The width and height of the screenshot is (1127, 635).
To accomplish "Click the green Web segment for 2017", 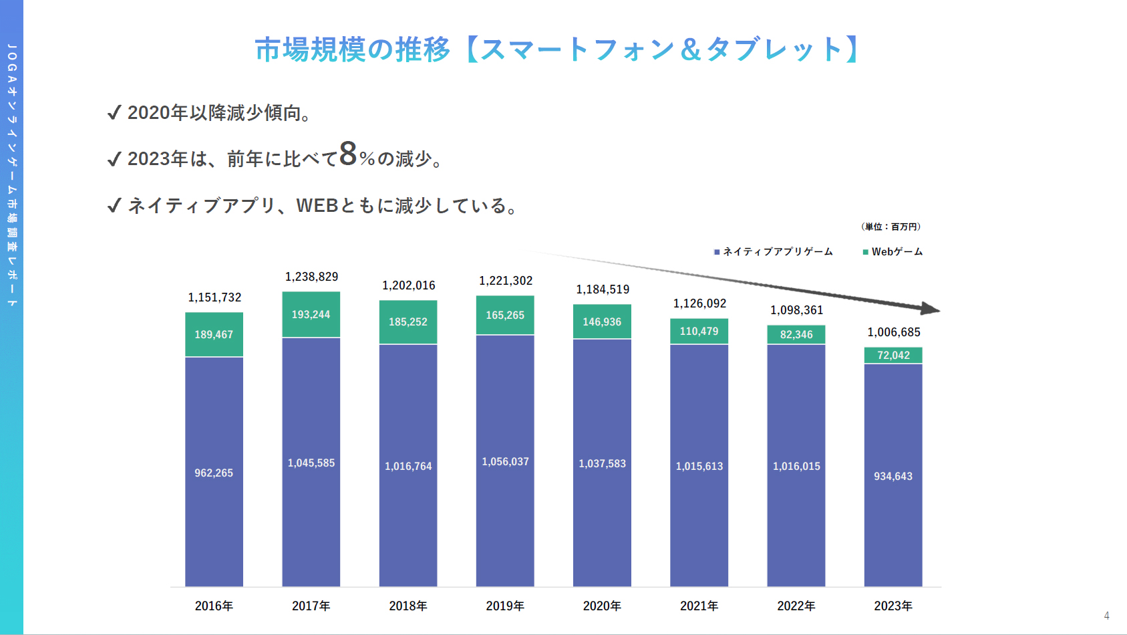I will tap(311, 314).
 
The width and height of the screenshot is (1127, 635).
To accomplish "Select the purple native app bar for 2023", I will tap(893, 475).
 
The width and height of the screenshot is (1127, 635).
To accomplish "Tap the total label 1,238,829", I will tap(311, 277).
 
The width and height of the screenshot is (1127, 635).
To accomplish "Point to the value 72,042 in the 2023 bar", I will tap(893, 356).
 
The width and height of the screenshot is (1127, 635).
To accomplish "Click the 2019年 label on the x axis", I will tap(505, 606).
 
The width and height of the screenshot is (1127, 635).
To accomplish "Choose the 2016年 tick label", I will tap(214, 606).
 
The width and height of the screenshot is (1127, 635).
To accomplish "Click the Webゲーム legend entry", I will tap(893, 252).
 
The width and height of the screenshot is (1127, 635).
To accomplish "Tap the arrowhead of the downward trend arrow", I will tap(931, 309).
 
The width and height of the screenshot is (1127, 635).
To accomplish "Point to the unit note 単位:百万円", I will tap(891, 227).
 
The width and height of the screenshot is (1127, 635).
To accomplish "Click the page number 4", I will tap(1106, 616).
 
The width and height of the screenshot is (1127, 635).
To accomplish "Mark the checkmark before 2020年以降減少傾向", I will tap(114, 112).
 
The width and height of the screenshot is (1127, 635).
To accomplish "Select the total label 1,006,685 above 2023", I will tap(893, 332).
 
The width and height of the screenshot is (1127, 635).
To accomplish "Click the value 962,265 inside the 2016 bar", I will tap(214, 473).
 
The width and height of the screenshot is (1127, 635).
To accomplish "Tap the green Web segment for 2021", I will tap(699, 331).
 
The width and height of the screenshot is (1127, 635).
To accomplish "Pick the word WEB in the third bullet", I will tap(317, 205).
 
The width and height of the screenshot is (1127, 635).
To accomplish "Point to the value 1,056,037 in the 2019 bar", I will tap(505, 462).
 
